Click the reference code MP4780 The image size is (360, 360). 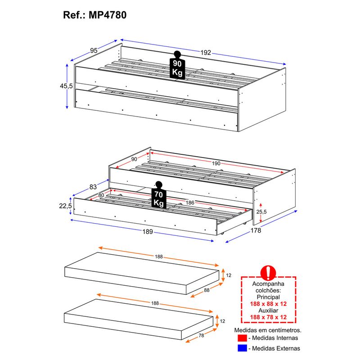coord(108,15)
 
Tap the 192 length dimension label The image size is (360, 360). coord(206,53)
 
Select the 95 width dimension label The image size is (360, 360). coord(94,50)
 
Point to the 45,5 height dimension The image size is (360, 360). coord(66,86)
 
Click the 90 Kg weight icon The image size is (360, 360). coord(177,65)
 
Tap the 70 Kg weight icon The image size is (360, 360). coord(159,195)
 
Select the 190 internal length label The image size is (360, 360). coord(216,163)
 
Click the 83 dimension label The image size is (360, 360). coord(93,187)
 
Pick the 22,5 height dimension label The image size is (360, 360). coord(65,206)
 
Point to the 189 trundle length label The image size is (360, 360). coord(148,231)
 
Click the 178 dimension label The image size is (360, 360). coord(256,230)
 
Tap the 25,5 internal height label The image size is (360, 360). coord(261,211)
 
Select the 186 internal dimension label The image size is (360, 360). coord(190,202)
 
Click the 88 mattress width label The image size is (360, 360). coord(207,290)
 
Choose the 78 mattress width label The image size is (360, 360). coord(201,336)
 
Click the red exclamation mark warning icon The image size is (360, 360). coord(268,273)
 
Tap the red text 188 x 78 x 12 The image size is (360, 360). coord(268,317)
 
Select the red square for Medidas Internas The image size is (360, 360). coord(242,338)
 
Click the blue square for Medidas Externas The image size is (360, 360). coord(242,348)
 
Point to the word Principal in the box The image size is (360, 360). coord(268,297)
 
